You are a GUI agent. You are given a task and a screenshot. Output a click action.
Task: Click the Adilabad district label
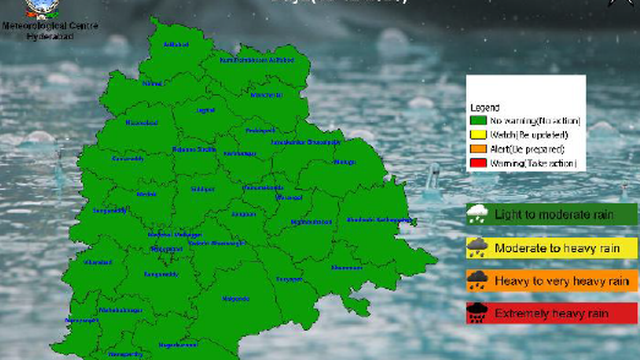(x=176, y=44)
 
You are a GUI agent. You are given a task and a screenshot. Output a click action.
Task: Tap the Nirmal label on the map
(x=152, y=83)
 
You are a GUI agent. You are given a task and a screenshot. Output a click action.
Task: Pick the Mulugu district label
(x=344, y=162)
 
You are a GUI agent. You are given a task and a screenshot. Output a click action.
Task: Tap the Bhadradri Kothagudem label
(x=379, y=220)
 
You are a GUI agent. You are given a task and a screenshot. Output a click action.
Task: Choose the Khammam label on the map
(x=346, y=267)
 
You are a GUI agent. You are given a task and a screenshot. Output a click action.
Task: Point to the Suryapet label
(x=289, y=279)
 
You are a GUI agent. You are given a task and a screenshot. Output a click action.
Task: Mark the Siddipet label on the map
(x=203, y=189)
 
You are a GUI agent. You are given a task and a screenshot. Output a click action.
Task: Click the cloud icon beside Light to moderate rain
(x=477, y=214)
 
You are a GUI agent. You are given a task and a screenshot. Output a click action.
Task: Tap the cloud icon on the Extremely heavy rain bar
(x=477, y=314)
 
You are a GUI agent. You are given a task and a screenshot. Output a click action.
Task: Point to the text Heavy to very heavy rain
(x=558, y=281)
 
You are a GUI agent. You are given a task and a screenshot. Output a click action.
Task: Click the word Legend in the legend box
(x=484, y=108)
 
